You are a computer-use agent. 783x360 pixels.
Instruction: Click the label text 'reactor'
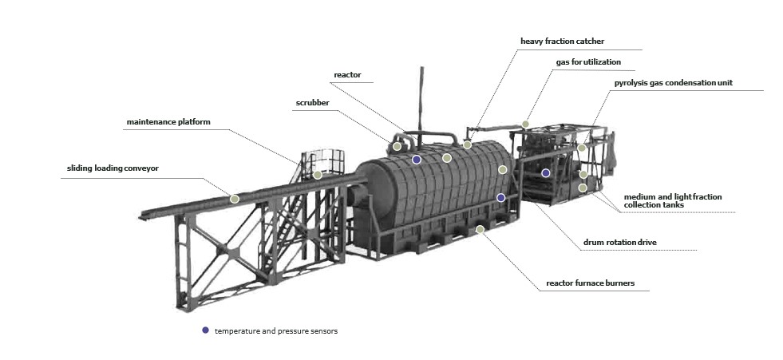tap(347, 75)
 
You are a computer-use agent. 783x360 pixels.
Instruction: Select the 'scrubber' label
tap(313, 103)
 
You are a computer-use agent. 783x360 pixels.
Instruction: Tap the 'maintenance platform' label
tap(168, 122)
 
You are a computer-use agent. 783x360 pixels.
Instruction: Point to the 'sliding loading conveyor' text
tap(113, 168)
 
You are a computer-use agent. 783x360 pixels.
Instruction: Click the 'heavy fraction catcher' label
tap(562, 42)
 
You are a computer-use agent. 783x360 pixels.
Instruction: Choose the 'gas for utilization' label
tap(588, 62)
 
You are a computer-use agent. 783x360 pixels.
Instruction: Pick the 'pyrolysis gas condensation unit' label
tap(673, 83)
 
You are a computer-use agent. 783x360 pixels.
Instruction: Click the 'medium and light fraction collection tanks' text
tap(673, 200)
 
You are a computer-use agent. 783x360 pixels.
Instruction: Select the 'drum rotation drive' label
tap(619, 243)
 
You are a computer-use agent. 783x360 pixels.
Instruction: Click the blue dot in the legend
tap(205, 330)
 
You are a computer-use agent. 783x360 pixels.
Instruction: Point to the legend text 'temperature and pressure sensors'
tap(276, 331)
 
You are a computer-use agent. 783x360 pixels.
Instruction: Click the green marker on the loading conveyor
tap(234, 199)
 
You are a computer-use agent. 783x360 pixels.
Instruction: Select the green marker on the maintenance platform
tap(318, 175)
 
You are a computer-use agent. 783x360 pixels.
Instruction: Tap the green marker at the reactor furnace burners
tap(480, 229)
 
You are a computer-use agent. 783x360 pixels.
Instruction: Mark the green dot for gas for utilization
tap(525, 124)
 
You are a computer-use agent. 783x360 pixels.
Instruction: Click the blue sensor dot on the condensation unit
tap(546, 172)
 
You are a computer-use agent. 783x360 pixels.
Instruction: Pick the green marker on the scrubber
tap(397, 146)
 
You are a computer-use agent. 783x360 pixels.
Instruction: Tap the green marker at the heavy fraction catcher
tap(467, 144)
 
